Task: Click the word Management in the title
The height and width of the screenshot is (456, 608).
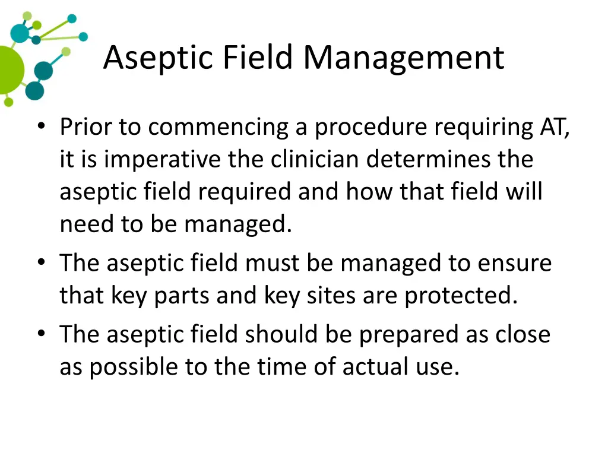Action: point(404,58)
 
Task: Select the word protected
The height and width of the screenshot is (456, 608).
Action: point(461,296)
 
